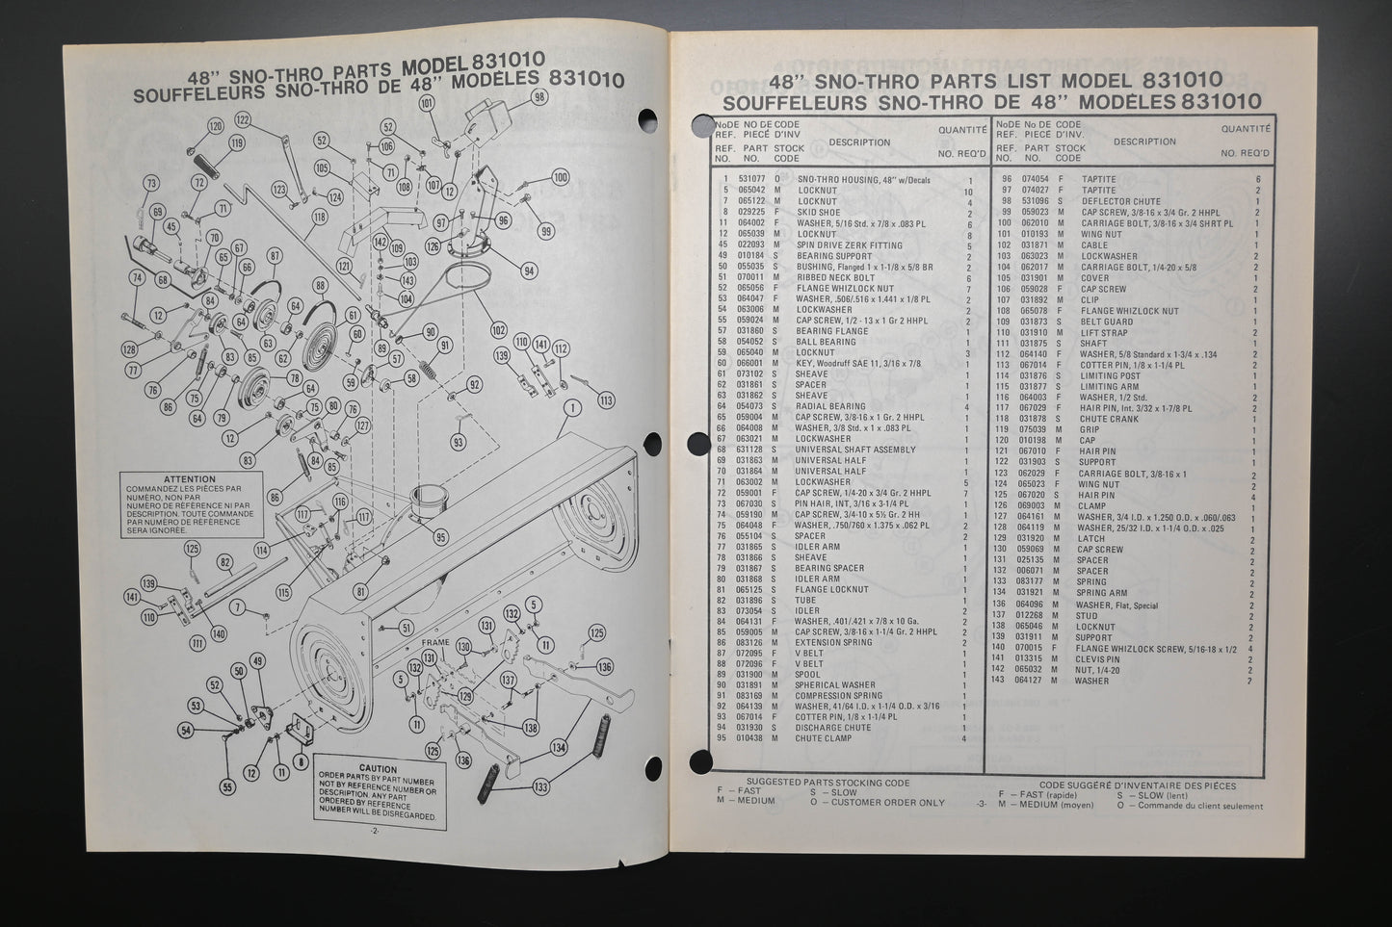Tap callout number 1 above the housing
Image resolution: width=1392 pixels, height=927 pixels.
click(x=574, y=408)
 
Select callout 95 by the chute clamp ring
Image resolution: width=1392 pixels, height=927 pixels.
click(x=441, y=537)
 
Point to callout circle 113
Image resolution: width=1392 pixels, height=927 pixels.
click(x=605, y=399)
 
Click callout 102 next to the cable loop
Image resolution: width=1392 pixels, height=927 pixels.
click(x=498, y=328)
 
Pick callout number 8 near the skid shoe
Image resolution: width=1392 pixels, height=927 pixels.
click(x=302, y=760)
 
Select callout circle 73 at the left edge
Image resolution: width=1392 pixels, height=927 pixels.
click(x=151, y=183)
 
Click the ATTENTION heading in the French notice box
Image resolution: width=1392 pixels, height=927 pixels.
click(x=190, y=478)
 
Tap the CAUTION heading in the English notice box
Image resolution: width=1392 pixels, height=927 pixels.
click(x=378, y=768)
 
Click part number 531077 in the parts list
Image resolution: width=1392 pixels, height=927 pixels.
click(x=750, y=180)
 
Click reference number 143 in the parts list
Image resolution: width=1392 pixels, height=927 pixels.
click(x=1002, y=680)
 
